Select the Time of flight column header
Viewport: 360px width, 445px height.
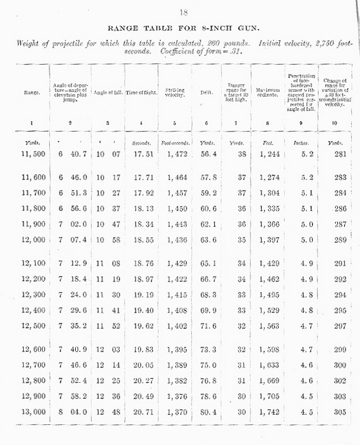tap(141, 92)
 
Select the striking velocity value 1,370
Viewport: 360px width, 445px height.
tap(175, 411)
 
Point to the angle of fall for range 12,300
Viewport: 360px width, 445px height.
tap(108, 294)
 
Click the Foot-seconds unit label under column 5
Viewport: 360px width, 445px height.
tap(175, 142)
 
